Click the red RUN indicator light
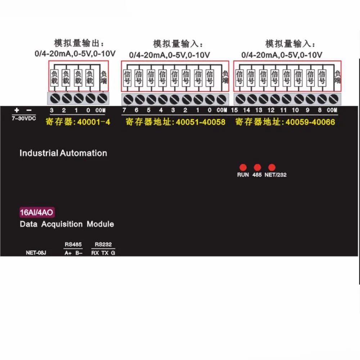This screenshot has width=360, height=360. click(x=243, y=167)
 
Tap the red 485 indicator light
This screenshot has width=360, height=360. click(x=257, y=167)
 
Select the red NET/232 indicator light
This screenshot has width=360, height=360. click(x=272, y=167)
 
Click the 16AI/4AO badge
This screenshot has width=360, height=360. click(x=37, y=212)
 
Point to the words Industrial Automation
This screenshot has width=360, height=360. click(x=63, y=153)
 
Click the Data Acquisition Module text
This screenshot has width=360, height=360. click(x=67, y=224)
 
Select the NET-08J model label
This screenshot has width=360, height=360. click(x=36, y=253)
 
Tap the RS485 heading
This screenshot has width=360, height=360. click(x=73, y=244)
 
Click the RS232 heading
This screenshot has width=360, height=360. click(x=103, y=244)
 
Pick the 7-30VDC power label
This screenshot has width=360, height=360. click(x=24, y=118)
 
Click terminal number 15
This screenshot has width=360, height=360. click(x=234, y=110)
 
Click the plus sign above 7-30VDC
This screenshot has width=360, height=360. click(x=17, y=110)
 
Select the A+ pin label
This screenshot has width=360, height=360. click(x=68, y=253)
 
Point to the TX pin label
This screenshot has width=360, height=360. click(x=105, y=253)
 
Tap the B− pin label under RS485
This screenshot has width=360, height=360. click(x=78, y=253)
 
